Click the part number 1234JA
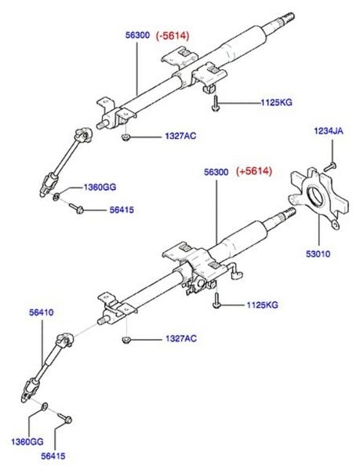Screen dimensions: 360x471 click(x=329, y=131)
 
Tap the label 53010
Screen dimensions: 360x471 click(x=318, y=254)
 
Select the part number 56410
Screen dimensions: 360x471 click(x=42, y=312)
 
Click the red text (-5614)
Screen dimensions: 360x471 click(x=173, y=36)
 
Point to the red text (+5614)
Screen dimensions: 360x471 click(x=254, y=171)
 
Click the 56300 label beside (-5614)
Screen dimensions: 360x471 click(x=137, y=35)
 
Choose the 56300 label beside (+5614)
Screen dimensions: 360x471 click(x=216, y=172)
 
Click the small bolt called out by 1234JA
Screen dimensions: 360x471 click(x=330, y=166)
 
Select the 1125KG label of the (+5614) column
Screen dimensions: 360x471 click(x=263, y=305)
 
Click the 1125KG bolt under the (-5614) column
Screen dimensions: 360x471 click(x=216, y=104)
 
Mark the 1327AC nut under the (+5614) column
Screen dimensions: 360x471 click(x=126, y=339)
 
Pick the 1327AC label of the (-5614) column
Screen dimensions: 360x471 click(x=180, y=136)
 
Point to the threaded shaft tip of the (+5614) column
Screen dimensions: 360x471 click(x=291, y=212)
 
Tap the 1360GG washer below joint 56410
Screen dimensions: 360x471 click(x=45, y=407)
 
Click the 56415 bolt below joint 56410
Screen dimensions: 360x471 click(x=64, y=418)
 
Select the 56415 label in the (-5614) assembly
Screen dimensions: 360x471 click(x=122, y=210)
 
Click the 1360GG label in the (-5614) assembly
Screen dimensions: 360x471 click(x=100, y=188)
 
